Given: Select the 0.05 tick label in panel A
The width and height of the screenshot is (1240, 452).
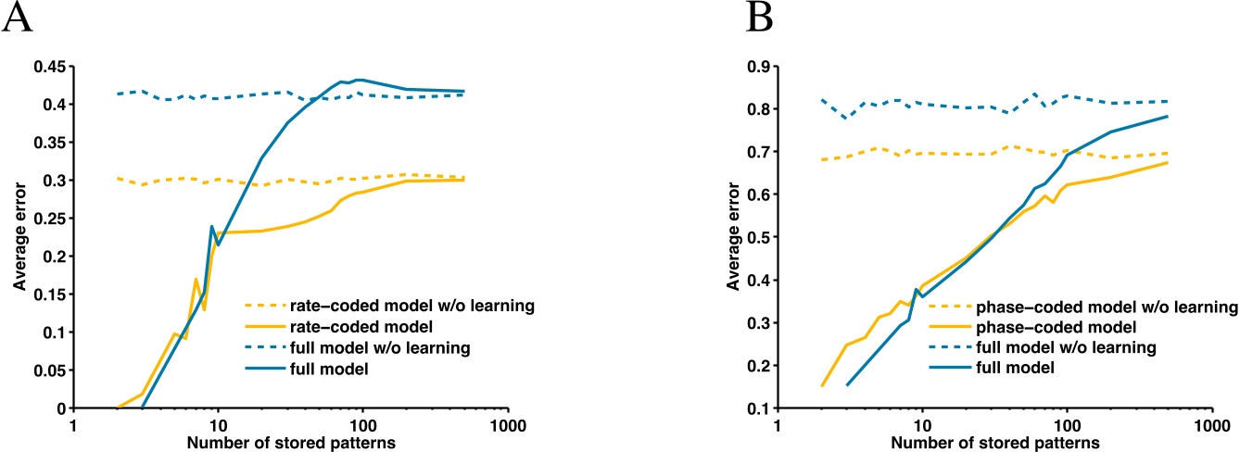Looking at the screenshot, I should [x=47, y=370].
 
